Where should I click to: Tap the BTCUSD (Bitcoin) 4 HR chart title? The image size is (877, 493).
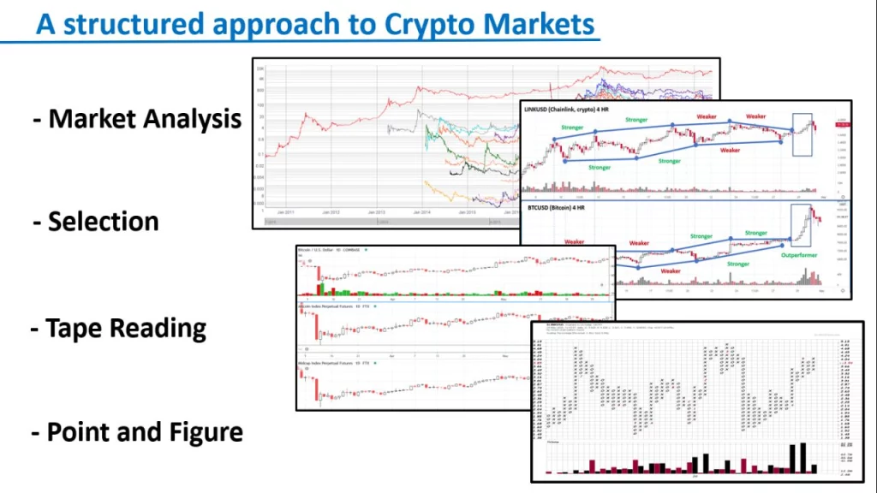point(561,208)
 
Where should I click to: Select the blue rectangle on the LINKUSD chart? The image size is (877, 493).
point(802,135)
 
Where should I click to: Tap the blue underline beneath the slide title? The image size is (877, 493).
point(300,40)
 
